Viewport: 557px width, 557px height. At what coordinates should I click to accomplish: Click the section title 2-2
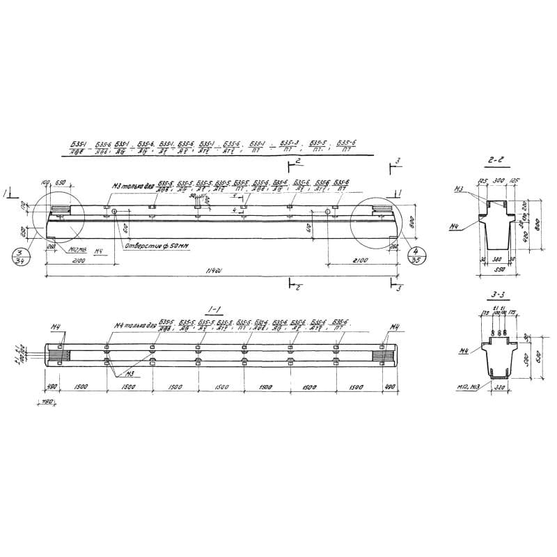coord(496,159)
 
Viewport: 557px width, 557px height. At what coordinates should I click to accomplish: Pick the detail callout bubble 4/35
coord(416,256)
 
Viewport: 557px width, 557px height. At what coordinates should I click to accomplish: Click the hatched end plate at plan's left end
coord(58,354)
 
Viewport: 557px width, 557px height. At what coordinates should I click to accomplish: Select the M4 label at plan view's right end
coord(395,326)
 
